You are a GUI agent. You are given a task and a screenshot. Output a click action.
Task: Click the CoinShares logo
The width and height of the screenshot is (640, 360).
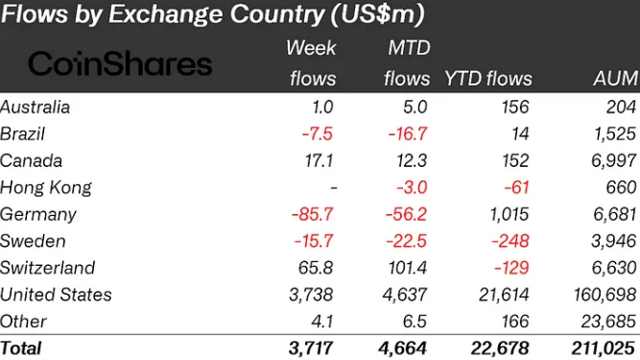(120, 63)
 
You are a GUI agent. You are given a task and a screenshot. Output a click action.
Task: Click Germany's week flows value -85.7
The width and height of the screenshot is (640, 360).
(314, 214)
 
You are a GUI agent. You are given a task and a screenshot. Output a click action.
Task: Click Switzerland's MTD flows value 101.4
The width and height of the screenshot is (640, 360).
(408, 268)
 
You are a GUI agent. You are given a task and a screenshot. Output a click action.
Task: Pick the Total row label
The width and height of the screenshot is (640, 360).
(21, 348)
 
